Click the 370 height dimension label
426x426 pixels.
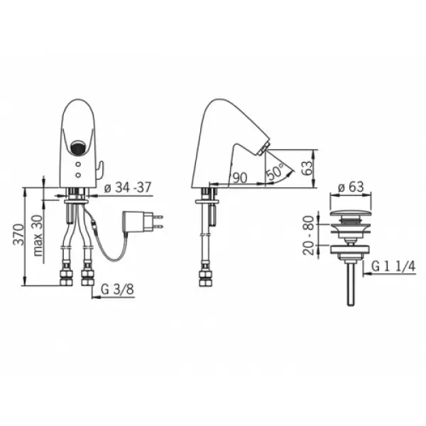click(19, 234)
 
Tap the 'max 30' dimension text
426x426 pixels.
click(38, 236)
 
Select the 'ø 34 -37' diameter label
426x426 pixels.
click(128, 187)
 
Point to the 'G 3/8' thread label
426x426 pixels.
click(117, 290)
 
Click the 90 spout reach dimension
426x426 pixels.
click(240, 178)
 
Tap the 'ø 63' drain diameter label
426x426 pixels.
click(351, 187)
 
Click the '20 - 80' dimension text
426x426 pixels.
click(308, 235)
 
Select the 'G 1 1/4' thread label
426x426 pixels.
click(393, 266)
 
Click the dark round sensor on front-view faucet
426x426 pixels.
click(77, 148)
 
